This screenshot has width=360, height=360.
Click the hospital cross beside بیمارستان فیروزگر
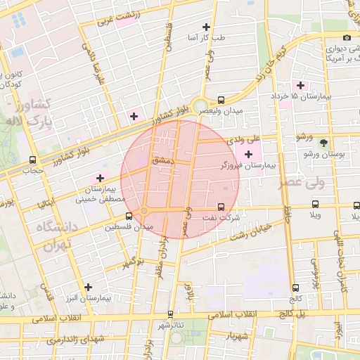coord(248,153)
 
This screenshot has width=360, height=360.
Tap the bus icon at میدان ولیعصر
coord(221,101)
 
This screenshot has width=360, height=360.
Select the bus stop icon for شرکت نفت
coord(221,207)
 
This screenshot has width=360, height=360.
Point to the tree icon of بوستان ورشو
coord(323,143)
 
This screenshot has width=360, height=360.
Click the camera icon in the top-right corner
coord(346,37)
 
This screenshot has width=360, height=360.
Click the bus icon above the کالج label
coord(295,287)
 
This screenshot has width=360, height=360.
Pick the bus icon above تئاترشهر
coord(170,314)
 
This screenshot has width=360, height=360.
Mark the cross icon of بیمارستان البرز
coord(88,287)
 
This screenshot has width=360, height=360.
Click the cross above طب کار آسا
coord(206,26)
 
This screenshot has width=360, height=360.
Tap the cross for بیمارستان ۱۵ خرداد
coord(300,85)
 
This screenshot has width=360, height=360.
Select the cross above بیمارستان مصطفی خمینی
coord(100,178)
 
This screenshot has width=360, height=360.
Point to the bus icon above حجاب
coord(33,160)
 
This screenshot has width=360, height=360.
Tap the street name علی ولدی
coord(244,140)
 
